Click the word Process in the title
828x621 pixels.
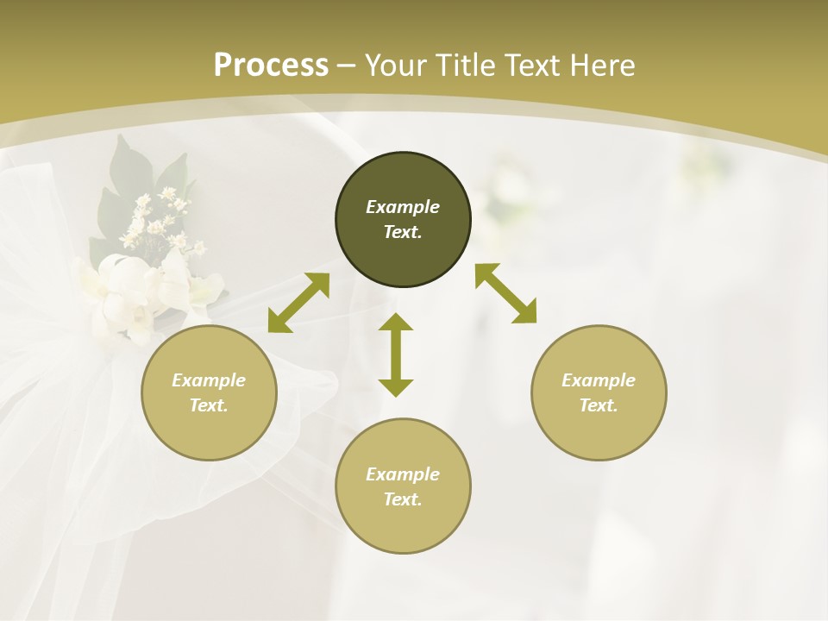point(271,66)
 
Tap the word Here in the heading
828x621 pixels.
point(600,66)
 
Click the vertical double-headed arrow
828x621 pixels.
point(396,354)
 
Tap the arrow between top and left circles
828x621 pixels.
point(298,303)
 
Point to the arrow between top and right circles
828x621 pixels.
point(505,293)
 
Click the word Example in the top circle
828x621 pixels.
point(403,207)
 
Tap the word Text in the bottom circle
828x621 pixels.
point(403,499)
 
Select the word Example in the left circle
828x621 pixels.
point(209,380)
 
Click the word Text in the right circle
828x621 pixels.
point(599,405)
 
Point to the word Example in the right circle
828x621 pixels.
point(599,380)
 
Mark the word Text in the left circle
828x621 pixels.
point(209,405)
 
